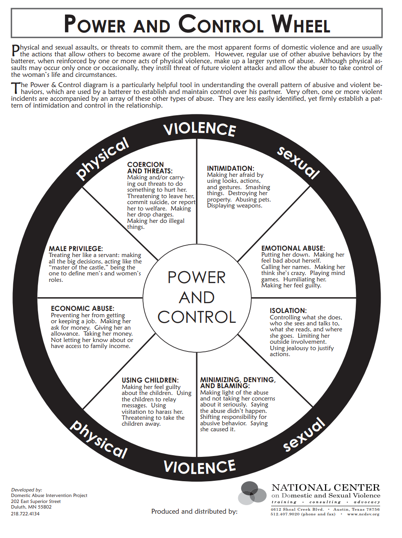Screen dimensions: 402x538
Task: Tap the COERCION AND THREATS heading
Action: click(x=150, y=167)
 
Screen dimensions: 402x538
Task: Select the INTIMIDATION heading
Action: click(x=231, y=168)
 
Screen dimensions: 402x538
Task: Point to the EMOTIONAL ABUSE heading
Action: click(x=293, y=248)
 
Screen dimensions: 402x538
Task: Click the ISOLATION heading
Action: click(x=288, y=310)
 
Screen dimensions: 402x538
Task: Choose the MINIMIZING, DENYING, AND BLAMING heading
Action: click(x=238, y=383)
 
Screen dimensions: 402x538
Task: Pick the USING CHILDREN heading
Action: click(x=150, y=380)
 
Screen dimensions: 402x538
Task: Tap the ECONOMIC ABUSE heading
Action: click(x=83, y=308)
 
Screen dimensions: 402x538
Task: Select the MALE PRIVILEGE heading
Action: click(x=76, y=249)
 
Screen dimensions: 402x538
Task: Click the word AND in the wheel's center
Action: click(x=197, y=297)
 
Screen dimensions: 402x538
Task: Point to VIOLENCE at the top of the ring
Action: click(x=200, y=130)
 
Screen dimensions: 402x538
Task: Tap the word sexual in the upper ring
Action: click(x=298, y=163)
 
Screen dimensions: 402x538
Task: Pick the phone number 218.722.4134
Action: click(x=25, y=514)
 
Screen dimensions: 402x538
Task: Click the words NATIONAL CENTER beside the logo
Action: click(x=326, y=488)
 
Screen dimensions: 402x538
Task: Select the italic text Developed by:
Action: click(x=27, y=490)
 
